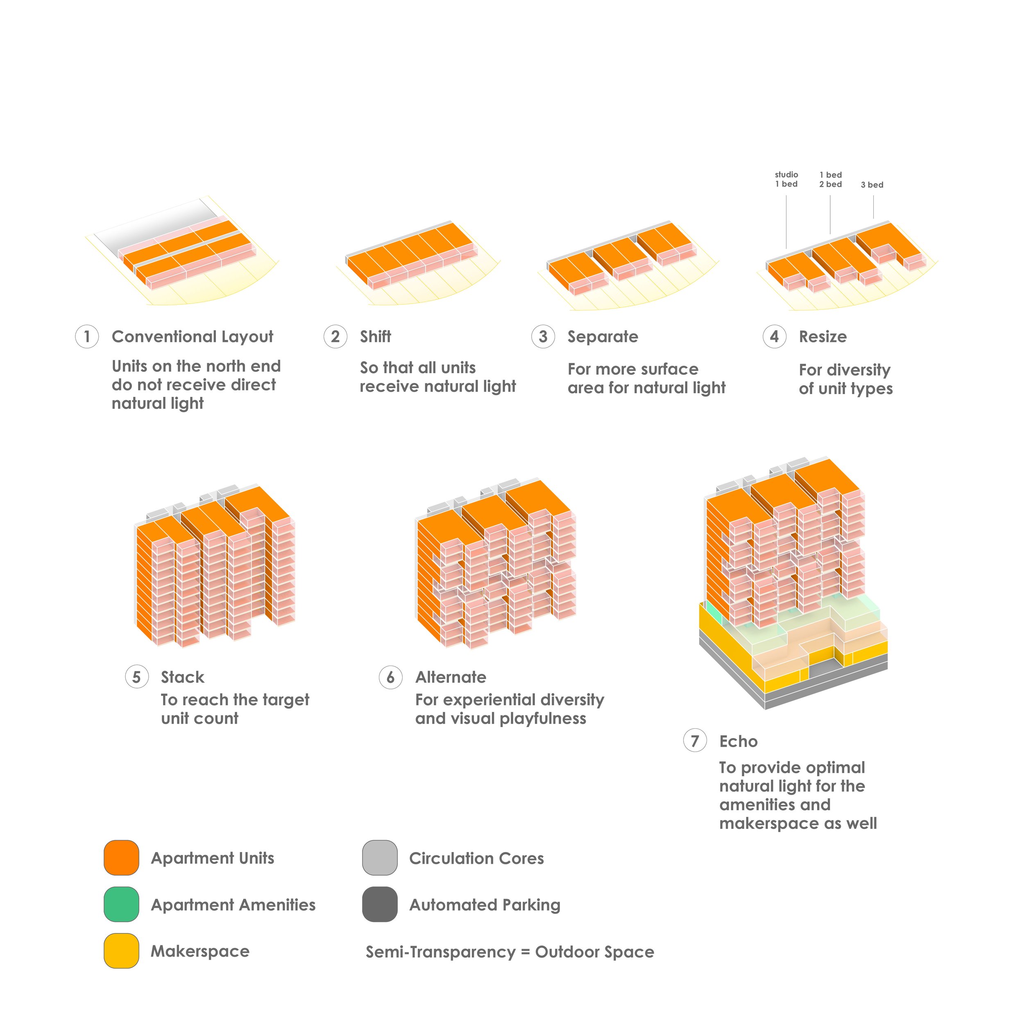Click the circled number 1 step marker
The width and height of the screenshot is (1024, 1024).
pos(87,337)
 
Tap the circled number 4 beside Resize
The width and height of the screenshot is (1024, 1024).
pos(775,337)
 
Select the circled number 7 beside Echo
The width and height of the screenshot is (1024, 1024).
pos(695,741)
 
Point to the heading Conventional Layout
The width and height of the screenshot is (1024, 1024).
pos(193,337)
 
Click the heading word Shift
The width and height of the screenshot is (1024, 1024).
pos(375,337)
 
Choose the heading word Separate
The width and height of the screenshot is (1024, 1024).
pos(603,337)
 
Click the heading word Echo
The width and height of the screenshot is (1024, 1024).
pos(739,741)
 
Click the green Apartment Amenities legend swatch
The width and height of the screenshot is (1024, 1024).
pos(121,904)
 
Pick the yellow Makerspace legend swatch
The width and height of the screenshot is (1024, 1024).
pos(121,951)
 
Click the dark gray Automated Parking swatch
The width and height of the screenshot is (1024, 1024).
pos(380,904)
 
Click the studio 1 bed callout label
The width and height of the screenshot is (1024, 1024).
pos(786,179)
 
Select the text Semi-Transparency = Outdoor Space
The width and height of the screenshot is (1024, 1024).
pos(510,952)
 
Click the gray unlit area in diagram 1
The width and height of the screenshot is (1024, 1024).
pos(154,225)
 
